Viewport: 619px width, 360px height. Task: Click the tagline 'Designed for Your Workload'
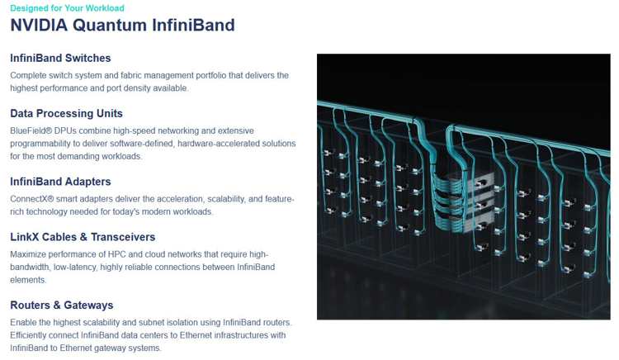67,8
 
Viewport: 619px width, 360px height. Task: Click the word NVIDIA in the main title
39,25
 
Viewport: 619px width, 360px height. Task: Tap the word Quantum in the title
110,25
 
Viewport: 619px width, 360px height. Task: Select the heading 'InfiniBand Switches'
60,58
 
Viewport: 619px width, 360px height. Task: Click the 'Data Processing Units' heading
66,114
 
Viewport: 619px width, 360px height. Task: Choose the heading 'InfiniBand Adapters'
60,182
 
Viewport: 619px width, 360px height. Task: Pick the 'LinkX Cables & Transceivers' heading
83,237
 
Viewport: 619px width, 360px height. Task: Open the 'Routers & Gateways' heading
62,306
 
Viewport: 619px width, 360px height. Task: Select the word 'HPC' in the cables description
116,254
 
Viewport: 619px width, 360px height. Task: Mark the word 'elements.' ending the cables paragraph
28,280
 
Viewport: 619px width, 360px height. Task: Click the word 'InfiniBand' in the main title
193,25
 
